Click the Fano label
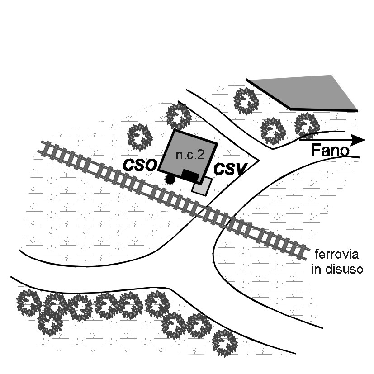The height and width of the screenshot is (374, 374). point(331,151)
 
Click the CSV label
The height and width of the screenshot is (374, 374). point(230,170)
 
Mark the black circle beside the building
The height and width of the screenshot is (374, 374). point(170,179)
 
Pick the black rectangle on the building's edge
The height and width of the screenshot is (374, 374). point(190,175)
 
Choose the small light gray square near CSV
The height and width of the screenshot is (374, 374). point(202,186)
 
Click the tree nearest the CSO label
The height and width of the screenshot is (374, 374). point(139,137)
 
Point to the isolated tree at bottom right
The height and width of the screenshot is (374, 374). point(224,343)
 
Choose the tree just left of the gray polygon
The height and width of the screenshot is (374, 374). point(246,101)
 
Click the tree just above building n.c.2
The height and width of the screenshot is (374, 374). point(179,116)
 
